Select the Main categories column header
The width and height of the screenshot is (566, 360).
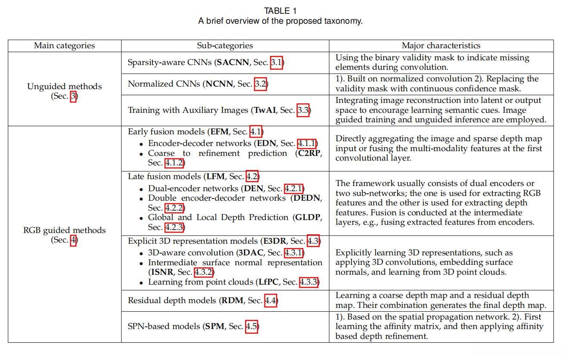point(64,46)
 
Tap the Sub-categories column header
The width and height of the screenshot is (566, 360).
point(225,46)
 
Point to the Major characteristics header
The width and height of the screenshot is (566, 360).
point(441,46)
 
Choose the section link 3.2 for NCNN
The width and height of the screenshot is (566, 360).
point(261,84)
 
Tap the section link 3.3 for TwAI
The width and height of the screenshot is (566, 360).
point(303,111)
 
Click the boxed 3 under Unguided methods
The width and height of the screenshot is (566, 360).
point(74,96)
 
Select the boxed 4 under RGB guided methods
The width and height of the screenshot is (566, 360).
point(74,240)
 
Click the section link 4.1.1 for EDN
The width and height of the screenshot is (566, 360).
point(307,143)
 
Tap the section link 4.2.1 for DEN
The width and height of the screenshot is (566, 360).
point(294,189)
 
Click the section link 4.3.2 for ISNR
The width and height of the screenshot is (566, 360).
point(204,272)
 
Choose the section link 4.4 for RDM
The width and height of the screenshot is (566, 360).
point(271,301)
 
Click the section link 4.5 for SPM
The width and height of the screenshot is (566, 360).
point(252,327)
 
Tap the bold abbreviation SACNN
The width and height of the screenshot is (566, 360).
point(233,63)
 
